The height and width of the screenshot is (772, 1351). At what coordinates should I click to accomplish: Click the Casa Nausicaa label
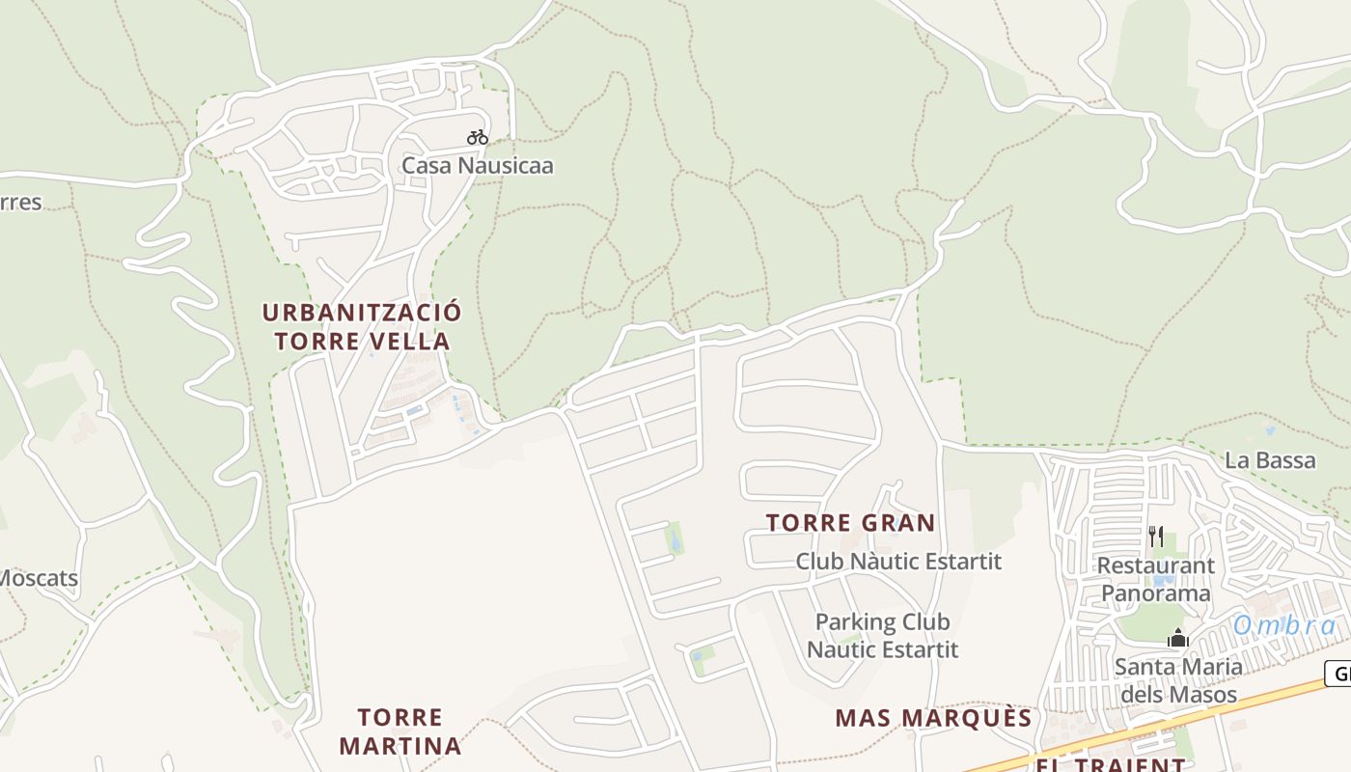[477, 165]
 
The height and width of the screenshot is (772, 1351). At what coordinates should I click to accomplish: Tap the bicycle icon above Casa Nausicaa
[477, 137]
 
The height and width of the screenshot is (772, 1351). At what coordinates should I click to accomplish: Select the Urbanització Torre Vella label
[362, 327]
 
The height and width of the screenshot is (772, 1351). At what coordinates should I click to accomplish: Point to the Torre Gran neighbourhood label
[850, 523]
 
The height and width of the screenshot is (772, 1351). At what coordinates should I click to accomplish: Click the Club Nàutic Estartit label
[898, 561]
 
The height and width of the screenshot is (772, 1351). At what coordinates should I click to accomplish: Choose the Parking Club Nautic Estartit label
[882, 635]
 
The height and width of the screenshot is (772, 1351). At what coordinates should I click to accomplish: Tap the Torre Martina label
[400, 731]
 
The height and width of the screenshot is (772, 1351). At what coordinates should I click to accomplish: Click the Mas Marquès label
[933, 718]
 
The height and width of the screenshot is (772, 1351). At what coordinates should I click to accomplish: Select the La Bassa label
[1270, 460]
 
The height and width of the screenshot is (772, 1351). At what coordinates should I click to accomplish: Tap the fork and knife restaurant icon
[1156, 537]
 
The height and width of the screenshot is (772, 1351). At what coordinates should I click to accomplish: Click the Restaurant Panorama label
[1155, 579]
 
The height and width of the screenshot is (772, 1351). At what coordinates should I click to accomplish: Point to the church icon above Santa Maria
[1176, 638]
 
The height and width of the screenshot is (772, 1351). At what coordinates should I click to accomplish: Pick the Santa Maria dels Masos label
[1177, 680]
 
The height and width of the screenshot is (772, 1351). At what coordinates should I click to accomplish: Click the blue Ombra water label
[1284, 625]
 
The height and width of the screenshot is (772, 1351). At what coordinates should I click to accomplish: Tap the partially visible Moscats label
[39, 579]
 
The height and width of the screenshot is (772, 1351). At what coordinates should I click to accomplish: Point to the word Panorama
[1155, 593]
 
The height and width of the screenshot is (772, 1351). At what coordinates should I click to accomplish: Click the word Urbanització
[362, 313]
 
